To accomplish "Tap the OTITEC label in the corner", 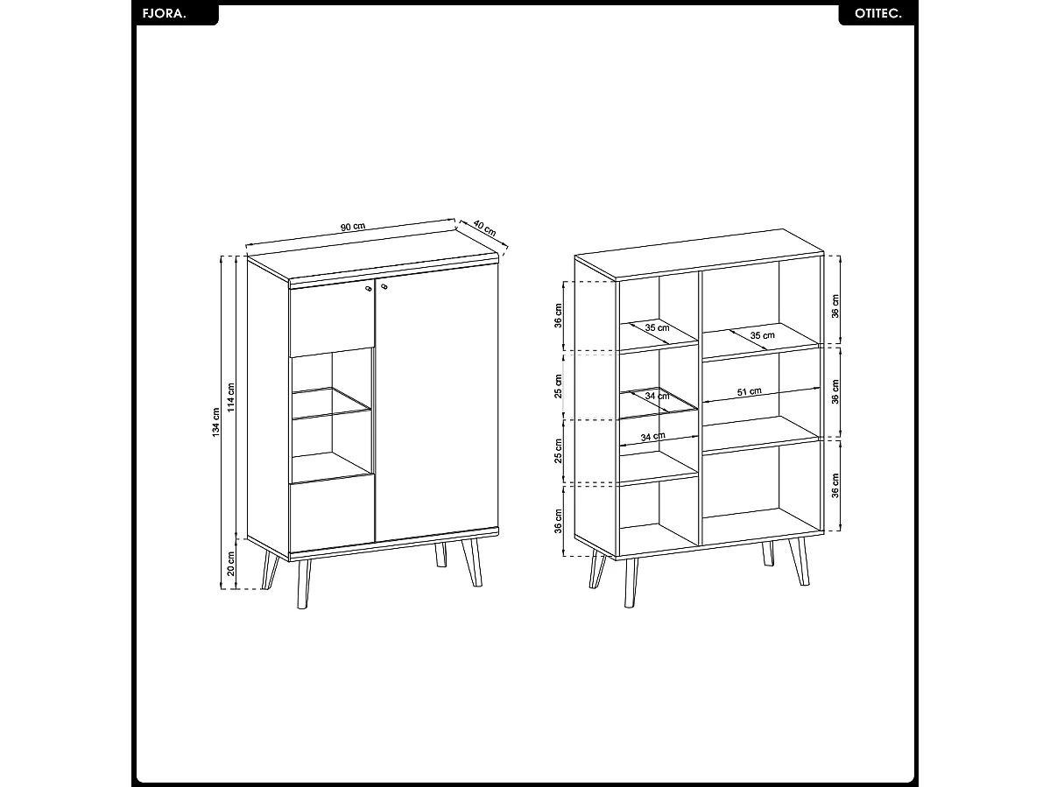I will click(x=876, y=15).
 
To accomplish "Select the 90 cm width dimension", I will click(x=353, y=227).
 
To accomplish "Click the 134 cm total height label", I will click(x=215, y=424).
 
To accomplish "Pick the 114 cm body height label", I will click(x=232, y=397).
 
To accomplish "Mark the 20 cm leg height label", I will click(x=232, y=563).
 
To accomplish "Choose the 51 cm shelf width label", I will click(x=749, y=392).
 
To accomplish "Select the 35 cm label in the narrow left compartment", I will click(x=657, y=327).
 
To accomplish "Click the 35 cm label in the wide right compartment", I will click(x=762, y=335).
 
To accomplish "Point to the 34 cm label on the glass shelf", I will click(x=657, y=396).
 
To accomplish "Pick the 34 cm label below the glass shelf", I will click(x=652, y=436).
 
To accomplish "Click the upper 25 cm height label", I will click(x=559, y=386).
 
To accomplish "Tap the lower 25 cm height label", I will click(x=559, y=451).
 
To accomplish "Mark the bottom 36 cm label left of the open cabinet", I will click(x=559, y=520).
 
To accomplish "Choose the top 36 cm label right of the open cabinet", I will click(x=835, y=306).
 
